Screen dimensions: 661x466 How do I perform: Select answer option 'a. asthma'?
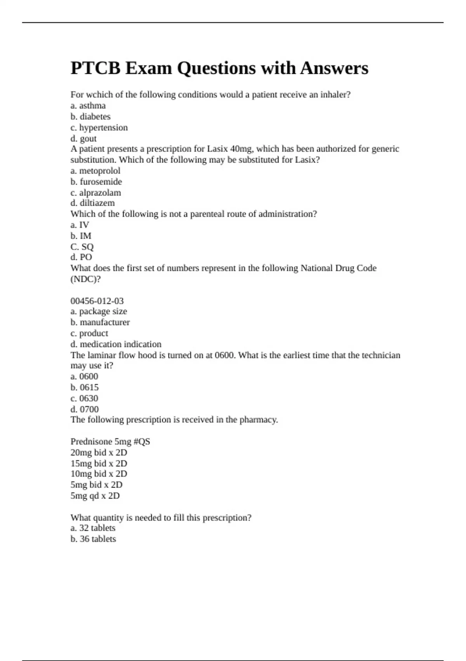[88, 106]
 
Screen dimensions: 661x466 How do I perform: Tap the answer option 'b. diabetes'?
[90, 117]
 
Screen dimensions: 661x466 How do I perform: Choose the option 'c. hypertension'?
[99, 128]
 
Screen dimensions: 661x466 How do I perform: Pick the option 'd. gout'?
[83, 138]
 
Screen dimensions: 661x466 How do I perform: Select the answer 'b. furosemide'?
[96, 182]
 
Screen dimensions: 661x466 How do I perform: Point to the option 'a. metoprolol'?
[96, 171]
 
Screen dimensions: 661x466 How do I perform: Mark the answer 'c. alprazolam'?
[96, 192]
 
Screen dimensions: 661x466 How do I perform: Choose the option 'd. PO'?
[81, 257]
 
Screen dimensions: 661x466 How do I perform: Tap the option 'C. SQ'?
[82, 247]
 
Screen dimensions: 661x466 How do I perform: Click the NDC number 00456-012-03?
[97, 301]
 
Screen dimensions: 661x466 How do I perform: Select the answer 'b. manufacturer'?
[100, 322]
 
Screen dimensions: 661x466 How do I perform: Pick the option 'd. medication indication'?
[116, 344]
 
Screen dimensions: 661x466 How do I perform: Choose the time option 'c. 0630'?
[84, 398]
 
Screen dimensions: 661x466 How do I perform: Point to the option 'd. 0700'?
[85, 409]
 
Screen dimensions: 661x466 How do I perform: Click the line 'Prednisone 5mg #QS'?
[110, 442]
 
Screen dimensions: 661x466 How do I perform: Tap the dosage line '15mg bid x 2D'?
[99, 463]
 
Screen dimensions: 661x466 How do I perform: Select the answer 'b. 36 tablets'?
[93, 539]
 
